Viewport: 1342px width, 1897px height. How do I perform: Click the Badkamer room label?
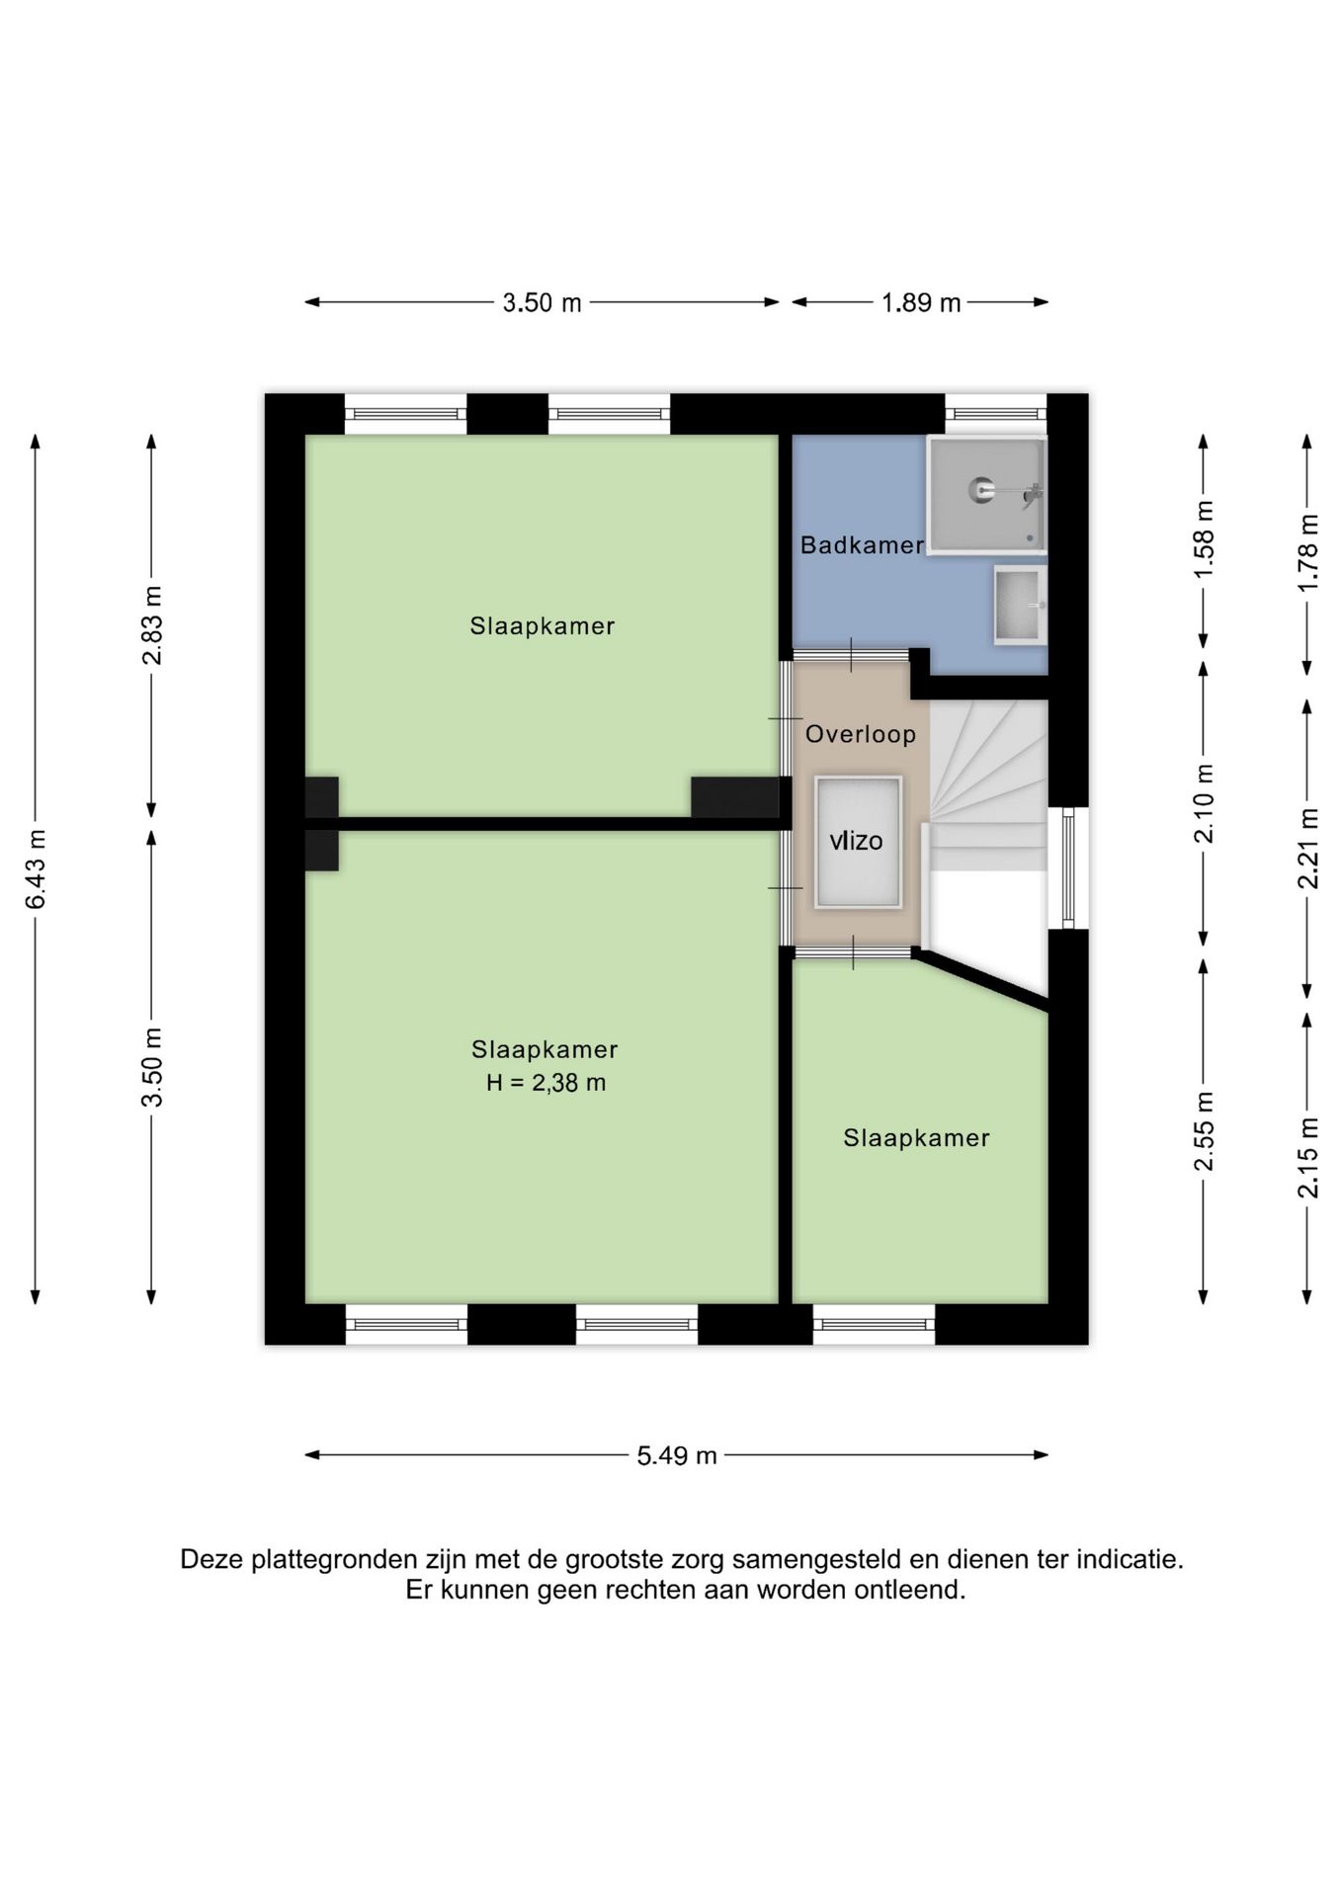(x=862, y=544)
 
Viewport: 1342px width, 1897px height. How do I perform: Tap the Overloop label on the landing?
(x=860, y=734)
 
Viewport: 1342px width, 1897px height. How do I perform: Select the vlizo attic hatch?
(x=858, y=842)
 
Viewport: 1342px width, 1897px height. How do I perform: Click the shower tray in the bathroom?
(x=986, y=495)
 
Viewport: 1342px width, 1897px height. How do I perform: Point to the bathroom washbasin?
(x=1020, y=605)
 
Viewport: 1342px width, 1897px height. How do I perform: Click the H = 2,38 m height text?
(x=545, y=1083)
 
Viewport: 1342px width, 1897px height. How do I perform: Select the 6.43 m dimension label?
(x=36, y=868)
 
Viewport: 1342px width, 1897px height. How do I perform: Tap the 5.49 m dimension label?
(x=677, y=1455)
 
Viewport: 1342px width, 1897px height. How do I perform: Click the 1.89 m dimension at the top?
(x=921, y=302)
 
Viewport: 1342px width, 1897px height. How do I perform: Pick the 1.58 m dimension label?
(x=1204, y=540)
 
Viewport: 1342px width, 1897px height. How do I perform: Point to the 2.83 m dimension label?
(x=151, y=625)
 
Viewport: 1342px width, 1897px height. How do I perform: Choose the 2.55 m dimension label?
(x=1204, y=1131)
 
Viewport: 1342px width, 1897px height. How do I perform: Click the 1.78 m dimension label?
(x=1308, y=553)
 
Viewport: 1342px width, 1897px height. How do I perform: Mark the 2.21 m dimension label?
(x=1308, y=848)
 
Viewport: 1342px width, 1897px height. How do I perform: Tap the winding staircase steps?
(x=987, y=785)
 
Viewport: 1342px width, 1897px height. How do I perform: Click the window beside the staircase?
(x=1068, y=868)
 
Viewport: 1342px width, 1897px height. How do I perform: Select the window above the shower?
(x=996, y=414)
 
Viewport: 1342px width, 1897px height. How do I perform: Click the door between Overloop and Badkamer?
(x=852, y=654)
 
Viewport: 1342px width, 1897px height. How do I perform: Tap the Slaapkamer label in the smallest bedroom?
(x=916, y=1138)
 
